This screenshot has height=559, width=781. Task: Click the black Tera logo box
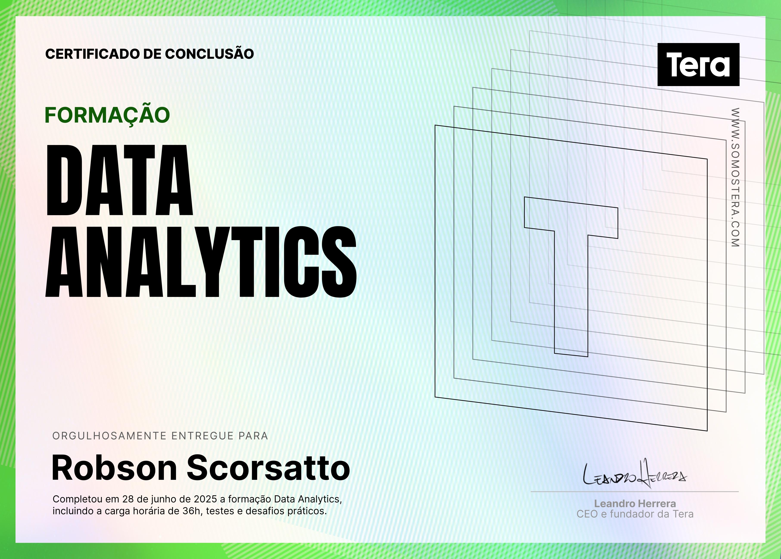(698, 64)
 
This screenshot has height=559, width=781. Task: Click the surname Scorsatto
(268, 468)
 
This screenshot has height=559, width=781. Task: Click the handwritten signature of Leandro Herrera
(635, 474)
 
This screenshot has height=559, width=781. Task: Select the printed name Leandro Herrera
(635, 504)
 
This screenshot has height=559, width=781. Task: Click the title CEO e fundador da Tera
(635, 514)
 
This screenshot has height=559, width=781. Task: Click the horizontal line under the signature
(635, 492)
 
